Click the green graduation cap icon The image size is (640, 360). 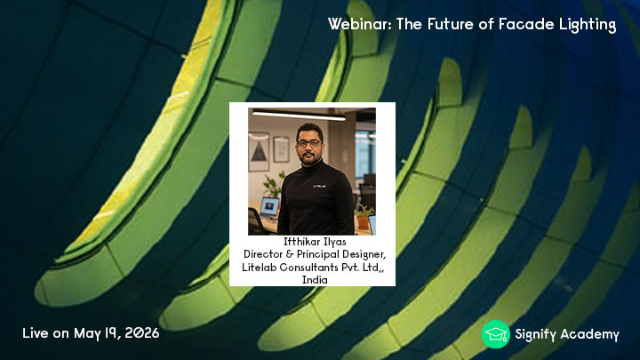click(495, 334)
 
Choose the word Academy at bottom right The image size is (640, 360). click(590, 335)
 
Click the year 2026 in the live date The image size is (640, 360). click(142, 333)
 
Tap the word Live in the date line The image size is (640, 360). click(36, 333)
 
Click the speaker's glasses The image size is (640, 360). click(309, 144)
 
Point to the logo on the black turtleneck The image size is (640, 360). click(319, 186)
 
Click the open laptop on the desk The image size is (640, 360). click(269, 208)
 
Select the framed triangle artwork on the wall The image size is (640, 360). click(259, 151)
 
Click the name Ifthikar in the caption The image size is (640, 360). click(299, 242)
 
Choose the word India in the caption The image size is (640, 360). click(315, 280)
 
